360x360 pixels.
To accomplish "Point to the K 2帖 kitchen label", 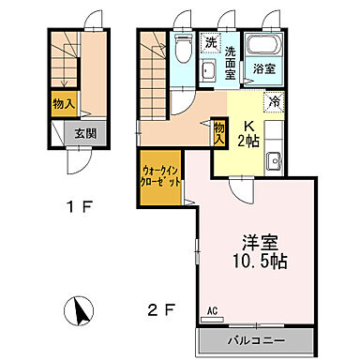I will [x=249, y=135].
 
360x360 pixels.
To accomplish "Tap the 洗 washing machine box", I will [x=211, y=43].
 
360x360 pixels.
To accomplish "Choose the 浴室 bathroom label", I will [x=262, y=68].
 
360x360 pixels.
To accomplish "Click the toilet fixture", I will [x=182, y=45].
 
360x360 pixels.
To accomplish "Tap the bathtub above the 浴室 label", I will [x=262, y=46].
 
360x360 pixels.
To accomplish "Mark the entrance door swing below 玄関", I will [x=78, y=163].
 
